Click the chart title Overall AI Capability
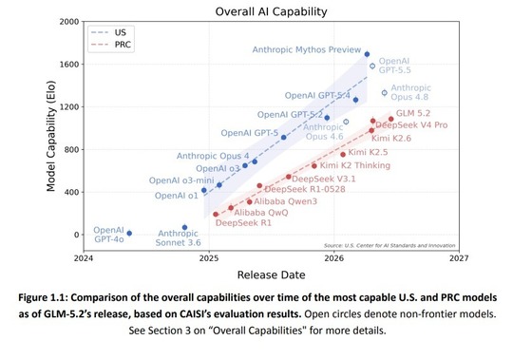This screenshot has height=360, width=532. (271, 11)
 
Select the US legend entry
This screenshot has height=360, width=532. (109, 32)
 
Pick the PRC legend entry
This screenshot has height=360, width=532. (111, 45)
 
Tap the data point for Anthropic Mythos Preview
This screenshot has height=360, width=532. (367, 54)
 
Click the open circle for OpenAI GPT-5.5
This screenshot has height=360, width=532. (372, 66)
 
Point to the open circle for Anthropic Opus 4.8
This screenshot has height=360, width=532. (384, 93)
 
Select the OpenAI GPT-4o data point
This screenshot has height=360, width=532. (129, 233)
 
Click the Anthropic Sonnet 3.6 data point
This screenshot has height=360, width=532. (184, 227)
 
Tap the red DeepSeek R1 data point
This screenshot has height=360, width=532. (216, 214)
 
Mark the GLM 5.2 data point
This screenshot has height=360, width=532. (390, 119)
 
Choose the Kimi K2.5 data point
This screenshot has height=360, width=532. (343, 155)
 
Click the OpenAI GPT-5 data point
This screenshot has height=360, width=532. (284, 137)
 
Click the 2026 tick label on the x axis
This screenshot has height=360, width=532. (333, 258)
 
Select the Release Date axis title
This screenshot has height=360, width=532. (271, 275)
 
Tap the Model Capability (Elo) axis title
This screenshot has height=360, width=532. (51, 136)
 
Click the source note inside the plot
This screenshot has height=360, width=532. (389, 245)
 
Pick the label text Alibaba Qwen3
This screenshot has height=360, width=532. (285, 201)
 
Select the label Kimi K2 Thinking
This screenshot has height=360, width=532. (355, 165)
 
